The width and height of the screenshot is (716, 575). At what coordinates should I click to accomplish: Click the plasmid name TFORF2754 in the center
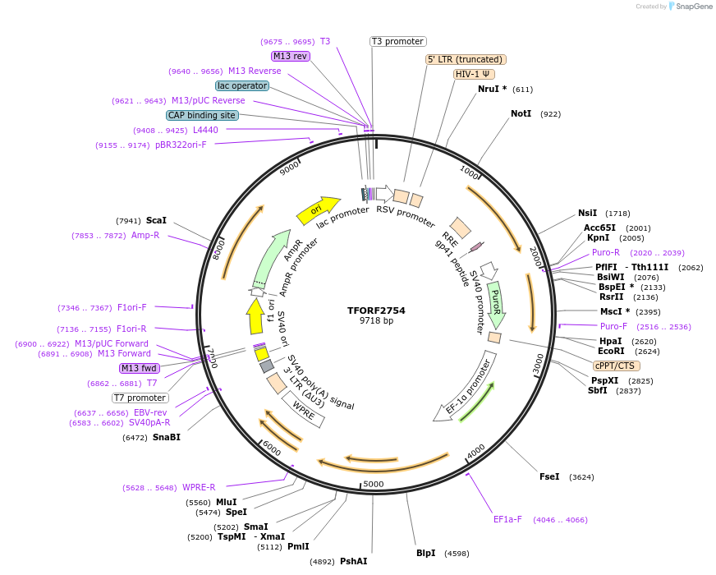pyautogui.click(x=376, y=310)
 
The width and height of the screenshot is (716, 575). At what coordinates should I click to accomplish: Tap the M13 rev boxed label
pyautogui.click(x=291, y=56)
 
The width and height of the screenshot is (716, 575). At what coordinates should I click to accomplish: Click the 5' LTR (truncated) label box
pyautogui.click(x=466, y=59)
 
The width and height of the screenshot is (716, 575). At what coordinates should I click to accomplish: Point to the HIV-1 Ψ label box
pyautogui.click(x=474, y=74)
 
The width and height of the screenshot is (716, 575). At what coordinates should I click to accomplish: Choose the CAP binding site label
pyautogui.click(x=202, y=116)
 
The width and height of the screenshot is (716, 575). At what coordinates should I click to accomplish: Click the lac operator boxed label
pyautogui.click(x=242, y=85)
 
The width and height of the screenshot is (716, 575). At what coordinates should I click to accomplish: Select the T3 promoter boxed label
pyautogui.click(x=397, y=41)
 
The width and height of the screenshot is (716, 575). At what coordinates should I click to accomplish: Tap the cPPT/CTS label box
pyautogui.click(x=617, y=366)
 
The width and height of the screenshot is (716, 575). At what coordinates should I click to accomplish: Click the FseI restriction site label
pyautogui.click(x=549, y=476)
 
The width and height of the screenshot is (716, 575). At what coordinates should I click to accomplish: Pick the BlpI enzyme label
pyautogui.click(x=425, y=553)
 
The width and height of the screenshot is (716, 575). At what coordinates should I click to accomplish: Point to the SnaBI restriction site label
pyautogui.click(x=167, y=438)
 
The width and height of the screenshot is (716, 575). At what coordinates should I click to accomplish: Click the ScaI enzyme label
pyautogui.click(x=156, y=220)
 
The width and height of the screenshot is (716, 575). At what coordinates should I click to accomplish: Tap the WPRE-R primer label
pyautogui.click(x=199, y=487)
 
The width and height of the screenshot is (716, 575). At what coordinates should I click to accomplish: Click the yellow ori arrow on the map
pyautogui.click(x=318, y=209)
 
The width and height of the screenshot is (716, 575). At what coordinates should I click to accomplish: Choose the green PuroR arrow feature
pyautogui.click(x=496, y=304)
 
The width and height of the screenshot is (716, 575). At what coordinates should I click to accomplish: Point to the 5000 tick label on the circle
pyautogui.click(x=374, y=484)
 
